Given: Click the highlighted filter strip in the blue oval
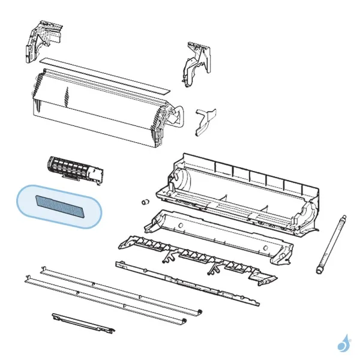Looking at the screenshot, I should coord(58,206).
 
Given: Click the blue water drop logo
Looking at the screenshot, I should coord(343,343).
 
